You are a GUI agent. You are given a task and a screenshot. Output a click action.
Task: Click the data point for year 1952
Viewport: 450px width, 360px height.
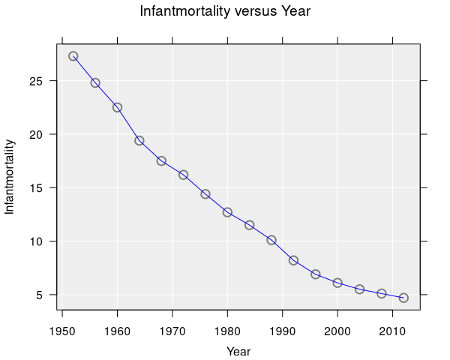(73, 56)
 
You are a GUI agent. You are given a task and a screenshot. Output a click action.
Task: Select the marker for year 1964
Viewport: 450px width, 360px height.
(139, 140)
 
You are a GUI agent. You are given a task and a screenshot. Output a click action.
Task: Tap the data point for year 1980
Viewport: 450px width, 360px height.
(227, 212)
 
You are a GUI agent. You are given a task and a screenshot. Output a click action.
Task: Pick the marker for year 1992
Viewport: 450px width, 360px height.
(293, 260)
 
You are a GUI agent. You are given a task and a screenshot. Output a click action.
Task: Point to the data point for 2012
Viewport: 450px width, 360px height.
(403, 298)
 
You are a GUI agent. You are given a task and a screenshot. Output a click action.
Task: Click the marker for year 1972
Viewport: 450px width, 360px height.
(183, 175)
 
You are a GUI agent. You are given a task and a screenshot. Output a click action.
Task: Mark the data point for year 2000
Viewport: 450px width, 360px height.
(337, 283)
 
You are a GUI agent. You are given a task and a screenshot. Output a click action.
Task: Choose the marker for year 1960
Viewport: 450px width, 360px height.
(117, 107)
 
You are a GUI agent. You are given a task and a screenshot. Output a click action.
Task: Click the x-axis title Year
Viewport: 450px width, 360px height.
(238, 351)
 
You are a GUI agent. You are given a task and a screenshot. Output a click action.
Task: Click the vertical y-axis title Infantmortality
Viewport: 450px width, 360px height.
(10, 177)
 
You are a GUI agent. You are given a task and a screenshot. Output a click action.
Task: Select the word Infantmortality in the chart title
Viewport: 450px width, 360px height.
(182, 12)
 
